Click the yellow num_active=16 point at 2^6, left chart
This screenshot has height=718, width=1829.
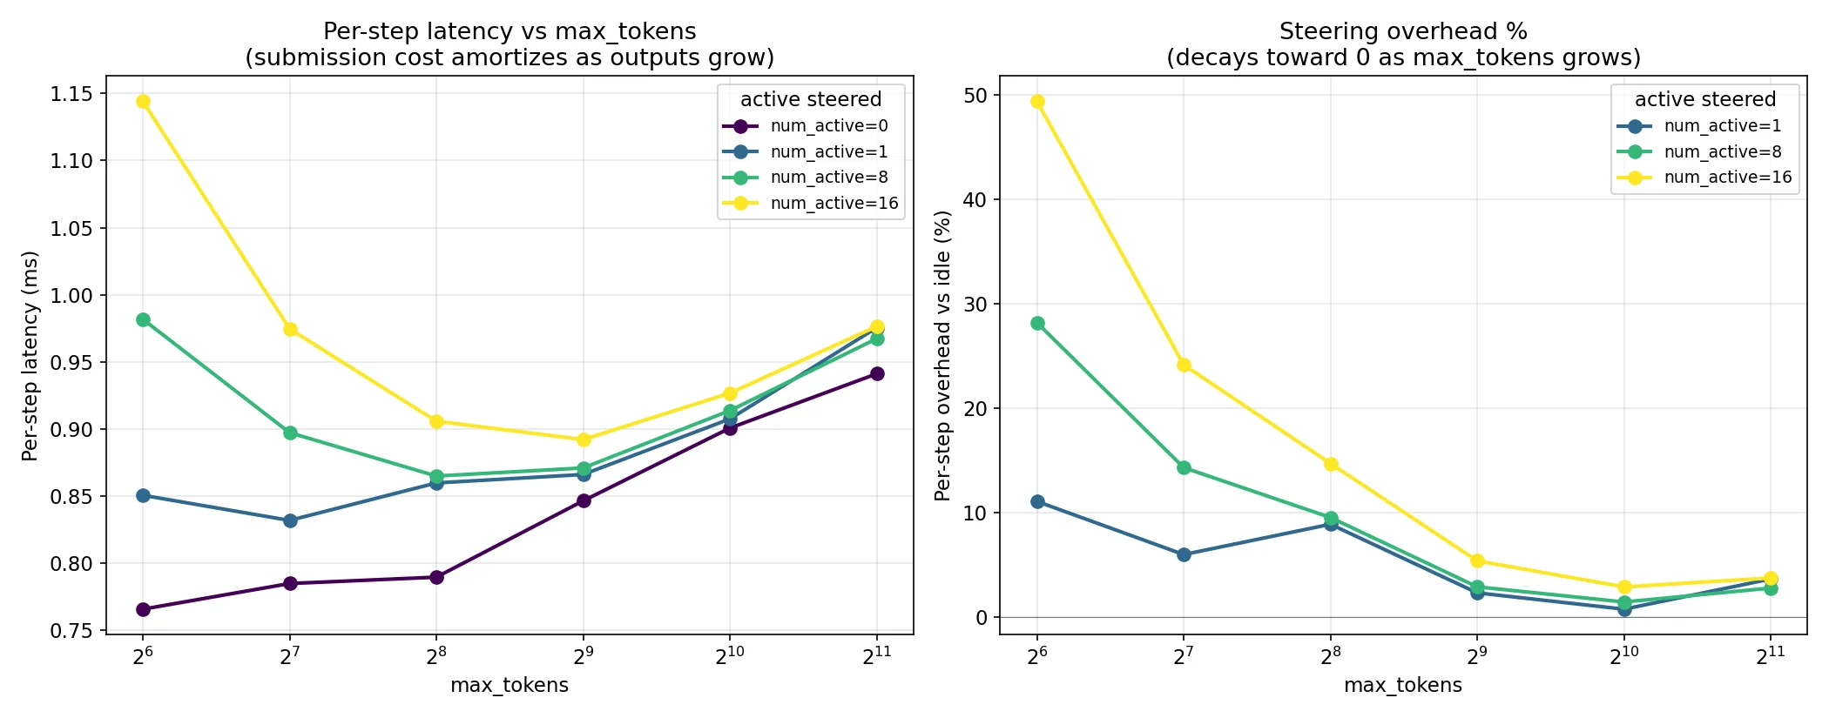pos(143,102)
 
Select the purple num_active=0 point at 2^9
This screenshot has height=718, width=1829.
pos(584,500)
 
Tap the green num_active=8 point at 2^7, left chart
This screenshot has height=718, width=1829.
pos(290,433)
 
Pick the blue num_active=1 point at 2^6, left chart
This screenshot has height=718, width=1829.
pos(143,495)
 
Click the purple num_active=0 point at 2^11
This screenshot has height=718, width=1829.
pos(877,373)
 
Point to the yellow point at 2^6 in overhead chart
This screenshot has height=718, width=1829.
pos(1037,101)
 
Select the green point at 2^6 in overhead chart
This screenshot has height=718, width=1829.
pos(1037,323)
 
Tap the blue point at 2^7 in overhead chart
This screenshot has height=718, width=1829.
pos(1184,554)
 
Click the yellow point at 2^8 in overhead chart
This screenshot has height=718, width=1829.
pos(1331,464)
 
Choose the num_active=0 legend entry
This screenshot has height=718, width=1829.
pos(828,126)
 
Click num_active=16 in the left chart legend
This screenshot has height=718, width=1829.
pos(834,204)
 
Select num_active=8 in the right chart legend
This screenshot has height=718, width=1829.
pos(1722,151)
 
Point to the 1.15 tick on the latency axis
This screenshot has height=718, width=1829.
pos(74,93)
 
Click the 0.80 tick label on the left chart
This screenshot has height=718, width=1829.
pos(74,563)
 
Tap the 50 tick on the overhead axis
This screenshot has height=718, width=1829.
pos(975,95)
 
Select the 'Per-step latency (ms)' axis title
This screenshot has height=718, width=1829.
pos(30,356)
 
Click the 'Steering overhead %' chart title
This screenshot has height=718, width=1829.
pos(1403,32)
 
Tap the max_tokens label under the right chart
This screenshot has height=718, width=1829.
pos(1403,685)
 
